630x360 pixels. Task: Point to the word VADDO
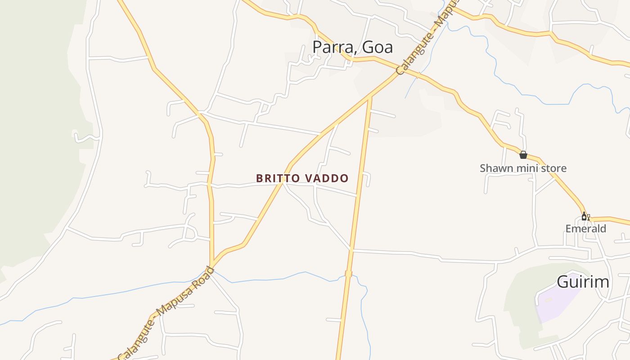point(327,179)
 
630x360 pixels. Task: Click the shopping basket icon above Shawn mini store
point(523,155)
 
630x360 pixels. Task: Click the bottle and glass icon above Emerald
point(585,216)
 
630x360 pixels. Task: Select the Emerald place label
point(586,229)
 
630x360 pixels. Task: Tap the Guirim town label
point(583,282)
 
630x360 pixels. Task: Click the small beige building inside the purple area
point(549,300)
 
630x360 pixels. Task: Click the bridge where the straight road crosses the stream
point(348,274)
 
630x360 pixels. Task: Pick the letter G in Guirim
point(564,282)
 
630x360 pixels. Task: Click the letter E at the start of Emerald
point(568,229)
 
